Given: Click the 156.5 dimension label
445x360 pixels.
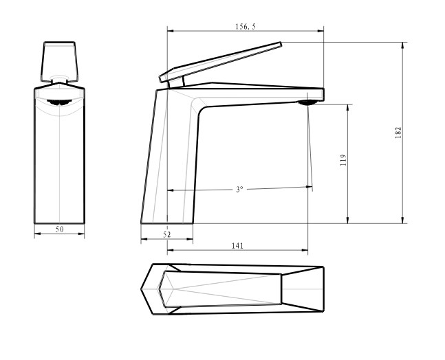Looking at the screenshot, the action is (246, 27).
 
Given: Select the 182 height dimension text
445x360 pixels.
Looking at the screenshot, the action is (398, 133).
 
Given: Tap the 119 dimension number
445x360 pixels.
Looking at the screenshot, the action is (343, 160).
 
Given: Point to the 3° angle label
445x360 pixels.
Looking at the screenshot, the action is (239, 190).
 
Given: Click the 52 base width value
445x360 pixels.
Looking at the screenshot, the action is (167, 234).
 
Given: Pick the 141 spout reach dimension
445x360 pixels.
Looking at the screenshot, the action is (237, 245).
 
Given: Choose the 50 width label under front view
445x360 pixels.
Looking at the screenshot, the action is (60, 229).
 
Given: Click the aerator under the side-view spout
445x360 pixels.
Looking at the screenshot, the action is (307, 102).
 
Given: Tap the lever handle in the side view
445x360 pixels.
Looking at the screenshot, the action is (220, 62).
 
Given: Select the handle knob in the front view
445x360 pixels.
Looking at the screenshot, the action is (59, 61).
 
